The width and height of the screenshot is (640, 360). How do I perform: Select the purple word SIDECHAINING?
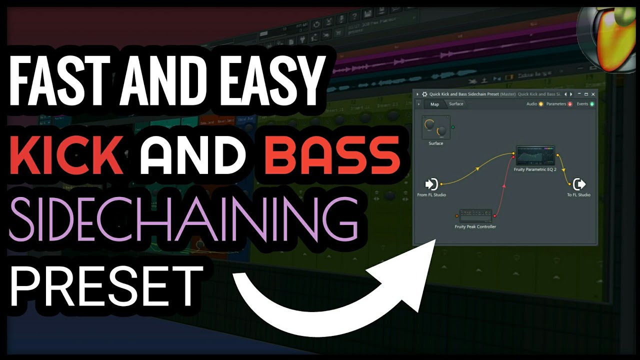coord(183,219)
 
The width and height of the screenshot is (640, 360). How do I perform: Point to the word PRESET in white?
coord(106,285)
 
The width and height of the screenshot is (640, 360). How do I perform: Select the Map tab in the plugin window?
coord(434,104)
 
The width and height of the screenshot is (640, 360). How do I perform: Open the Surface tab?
coord(456,104)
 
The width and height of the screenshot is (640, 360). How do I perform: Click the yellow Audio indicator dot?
coord(540,104)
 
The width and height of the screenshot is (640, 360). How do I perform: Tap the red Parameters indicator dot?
coord(569,104)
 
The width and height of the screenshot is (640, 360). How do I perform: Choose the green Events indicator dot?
coord(592,104)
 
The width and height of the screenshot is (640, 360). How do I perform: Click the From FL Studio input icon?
coord(431,184)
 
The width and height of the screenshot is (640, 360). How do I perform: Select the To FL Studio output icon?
coord(578,184)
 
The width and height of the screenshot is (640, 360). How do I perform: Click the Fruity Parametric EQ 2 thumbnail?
coord(535,155)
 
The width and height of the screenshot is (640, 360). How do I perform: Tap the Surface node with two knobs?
coord(435,127)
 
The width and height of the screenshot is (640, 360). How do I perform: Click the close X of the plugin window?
coord(593,94)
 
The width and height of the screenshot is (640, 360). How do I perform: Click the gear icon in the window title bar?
coord(424,94)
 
